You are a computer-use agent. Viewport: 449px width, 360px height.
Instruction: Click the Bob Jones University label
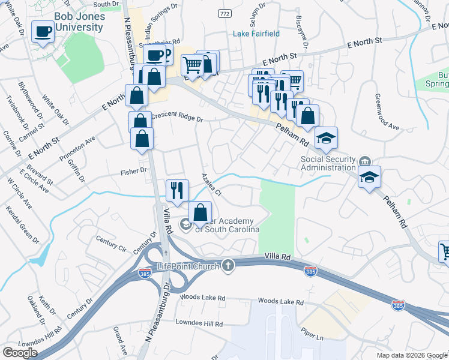click(79, 22)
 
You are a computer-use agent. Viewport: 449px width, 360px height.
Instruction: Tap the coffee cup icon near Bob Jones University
click(43, 31)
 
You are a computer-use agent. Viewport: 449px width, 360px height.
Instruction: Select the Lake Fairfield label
click(256, 34)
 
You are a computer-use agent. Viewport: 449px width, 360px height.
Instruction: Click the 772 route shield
click(224, 13)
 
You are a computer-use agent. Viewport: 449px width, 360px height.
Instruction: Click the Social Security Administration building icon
click(365, 161)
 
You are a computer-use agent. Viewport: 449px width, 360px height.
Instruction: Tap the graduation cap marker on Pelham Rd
click(326, 139)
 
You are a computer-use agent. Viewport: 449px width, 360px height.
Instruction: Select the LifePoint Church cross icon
click(228, 266)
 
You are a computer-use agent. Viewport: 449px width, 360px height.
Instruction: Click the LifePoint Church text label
click(187, 266)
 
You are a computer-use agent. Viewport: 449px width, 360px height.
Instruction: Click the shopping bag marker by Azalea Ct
click(200, 212)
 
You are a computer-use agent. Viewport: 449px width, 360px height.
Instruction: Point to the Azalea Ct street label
click(212, 185)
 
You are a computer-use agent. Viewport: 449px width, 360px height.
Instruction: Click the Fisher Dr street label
click(135, 170)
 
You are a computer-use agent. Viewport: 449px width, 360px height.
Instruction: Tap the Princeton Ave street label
click(77, 149)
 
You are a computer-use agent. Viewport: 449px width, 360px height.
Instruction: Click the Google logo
click(20, 352)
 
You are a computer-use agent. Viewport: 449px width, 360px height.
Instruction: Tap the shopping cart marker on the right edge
click(445, 251)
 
